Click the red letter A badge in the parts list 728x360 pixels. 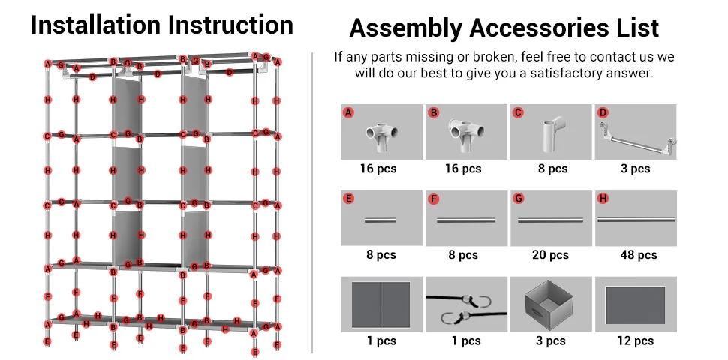[x=348, y=112]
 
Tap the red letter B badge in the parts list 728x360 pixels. [x=433, y=112]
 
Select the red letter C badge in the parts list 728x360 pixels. [x=518, y=112]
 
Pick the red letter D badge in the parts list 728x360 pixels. [x=602, y=112]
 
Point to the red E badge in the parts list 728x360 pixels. [x=348, y=199]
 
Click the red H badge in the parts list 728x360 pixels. [x=602, y=199]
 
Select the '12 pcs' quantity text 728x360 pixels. [x=635, y=341]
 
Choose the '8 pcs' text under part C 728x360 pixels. [x=552, y=169]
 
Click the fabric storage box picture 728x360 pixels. [x=550, y=304]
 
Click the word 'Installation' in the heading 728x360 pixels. [x=96, y=25]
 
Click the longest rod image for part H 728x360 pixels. [x=635, y=220]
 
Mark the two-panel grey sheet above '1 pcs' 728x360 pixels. [x=381, y=304]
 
